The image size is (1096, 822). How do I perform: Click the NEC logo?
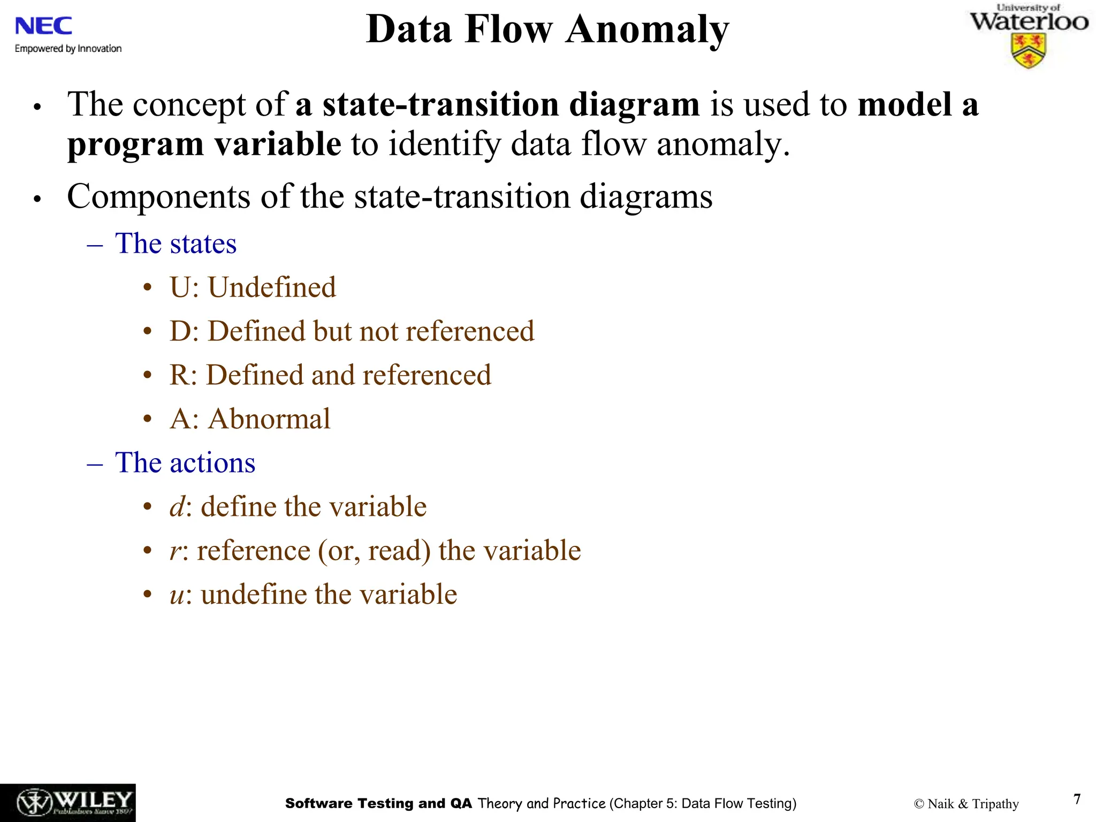(x=43, y=26)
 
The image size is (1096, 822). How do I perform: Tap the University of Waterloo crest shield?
(x=1028, y=51)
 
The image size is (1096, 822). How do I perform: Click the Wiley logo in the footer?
(x=67, y=803)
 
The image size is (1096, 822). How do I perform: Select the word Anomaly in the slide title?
(x=648, y=29)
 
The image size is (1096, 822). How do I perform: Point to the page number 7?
(x=1077, y=799)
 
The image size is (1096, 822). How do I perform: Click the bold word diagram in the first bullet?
(x=634, y=104)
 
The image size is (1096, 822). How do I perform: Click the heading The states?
(x=176, y=243)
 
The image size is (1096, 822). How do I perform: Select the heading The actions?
(x=185, y=463)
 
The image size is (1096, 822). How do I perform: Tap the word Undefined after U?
(x=272, y=288)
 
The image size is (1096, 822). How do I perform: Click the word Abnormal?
(x=269, y=419)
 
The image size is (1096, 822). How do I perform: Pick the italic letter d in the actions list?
(x=177, y=507)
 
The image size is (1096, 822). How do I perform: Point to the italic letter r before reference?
(x=175, y=551)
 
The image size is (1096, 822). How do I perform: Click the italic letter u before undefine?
(x=177, y=595)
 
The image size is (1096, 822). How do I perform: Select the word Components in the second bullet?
(x=158, y=197)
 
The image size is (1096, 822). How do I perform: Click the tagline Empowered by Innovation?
(x=68, y=49)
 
